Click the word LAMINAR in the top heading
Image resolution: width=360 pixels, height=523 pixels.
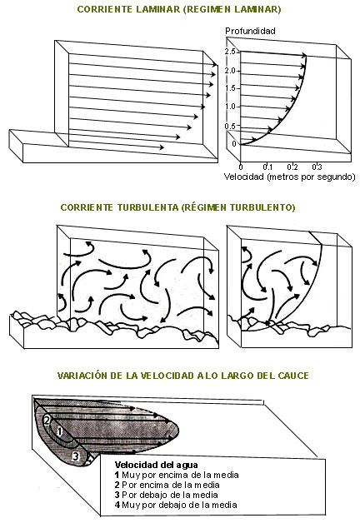coord(159,9)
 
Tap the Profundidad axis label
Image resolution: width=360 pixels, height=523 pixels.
coord(250,31)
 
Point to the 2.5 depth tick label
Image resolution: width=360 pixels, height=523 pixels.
coord(230,52)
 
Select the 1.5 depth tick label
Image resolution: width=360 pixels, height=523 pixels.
coord(230,88)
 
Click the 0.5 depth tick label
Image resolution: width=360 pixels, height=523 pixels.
coord(230,126)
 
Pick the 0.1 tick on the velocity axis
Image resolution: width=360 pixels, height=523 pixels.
coord(267,167)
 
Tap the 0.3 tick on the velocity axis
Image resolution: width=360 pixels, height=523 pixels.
coord(317,167)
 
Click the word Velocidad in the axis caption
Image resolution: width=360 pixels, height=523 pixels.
coord(243,177)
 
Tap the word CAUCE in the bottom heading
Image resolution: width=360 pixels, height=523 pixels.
coord(293,376)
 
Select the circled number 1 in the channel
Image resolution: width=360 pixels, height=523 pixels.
coord(59,431)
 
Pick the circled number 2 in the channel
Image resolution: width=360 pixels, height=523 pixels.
coord(47,421)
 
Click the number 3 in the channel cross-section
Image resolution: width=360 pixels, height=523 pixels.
coord(76,456)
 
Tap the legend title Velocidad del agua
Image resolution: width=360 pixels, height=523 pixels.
coord(156,465)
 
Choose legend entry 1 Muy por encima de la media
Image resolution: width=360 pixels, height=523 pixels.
coord(177,475)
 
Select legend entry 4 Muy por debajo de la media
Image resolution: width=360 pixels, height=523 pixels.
coord(176,505)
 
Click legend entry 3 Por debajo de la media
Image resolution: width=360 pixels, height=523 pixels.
coord(166,495)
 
